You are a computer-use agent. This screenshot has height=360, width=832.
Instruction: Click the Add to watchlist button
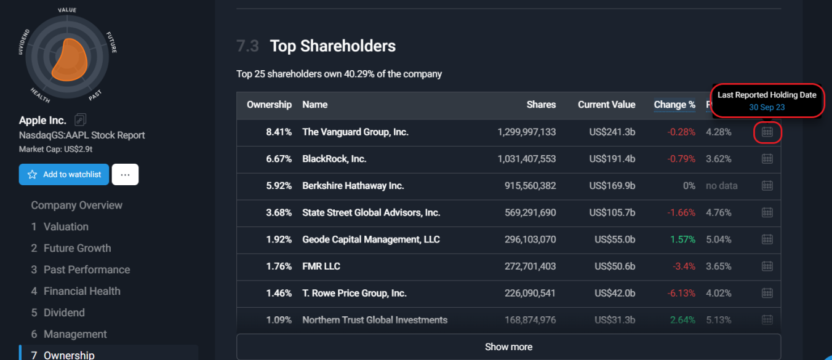click(64, 174)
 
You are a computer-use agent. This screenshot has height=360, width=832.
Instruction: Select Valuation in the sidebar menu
click(66, 226)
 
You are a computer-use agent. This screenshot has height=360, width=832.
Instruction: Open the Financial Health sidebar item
click(82, 291)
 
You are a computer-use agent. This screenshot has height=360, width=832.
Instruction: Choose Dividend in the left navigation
click(64, 313)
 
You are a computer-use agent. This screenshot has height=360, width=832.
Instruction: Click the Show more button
click(508, 346)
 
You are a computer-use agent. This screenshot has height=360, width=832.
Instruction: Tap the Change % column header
click(674, 105)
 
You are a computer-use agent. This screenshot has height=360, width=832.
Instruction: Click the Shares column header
click(541, 105)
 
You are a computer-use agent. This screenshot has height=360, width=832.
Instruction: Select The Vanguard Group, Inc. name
click(355, 132)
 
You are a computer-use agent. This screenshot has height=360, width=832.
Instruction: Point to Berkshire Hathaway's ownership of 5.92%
click(279, 186)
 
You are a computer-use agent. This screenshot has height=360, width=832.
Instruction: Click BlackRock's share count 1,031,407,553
click(526, 159)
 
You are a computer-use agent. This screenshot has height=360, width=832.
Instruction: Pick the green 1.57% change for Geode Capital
click(682, 239)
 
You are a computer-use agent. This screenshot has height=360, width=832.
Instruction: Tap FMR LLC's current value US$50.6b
click(612, 266)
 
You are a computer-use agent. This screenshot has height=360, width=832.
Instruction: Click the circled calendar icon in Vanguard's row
click(767, 132)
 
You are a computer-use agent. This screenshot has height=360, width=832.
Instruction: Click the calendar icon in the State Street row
click(767, 212)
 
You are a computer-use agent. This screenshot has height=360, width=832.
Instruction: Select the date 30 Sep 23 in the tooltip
click(767, 107)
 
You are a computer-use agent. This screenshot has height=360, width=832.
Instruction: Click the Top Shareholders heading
click(332, 46)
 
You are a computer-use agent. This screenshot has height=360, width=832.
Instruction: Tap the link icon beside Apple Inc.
click(80, 120)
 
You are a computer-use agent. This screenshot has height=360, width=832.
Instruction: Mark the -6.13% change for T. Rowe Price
click(681, 294)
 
